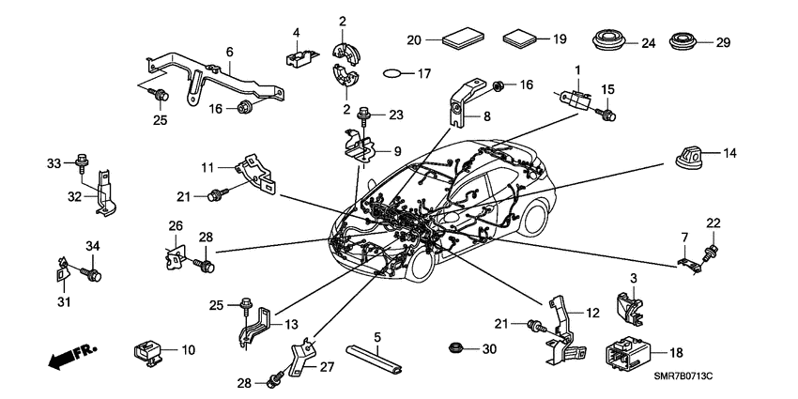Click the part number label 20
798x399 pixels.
(x=414, y=39)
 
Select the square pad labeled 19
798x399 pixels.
(x=519, y=39)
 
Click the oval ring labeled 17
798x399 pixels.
(x=399, y=72)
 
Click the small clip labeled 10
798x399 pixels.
(x=147, y=350)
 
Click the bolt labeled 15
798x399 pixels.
(x=606, y=115)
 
